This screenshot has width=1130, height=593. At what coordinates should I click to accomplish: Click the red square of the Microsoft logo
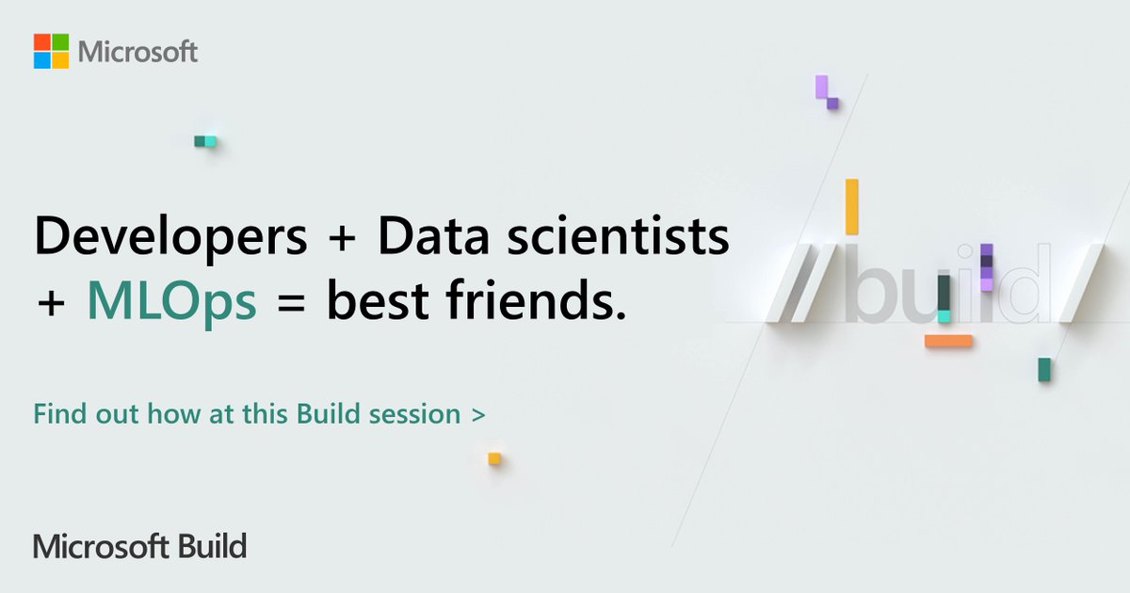point(41,41)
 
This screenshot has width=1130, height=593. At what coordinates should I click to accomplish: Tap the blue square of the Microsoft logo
point(41,59)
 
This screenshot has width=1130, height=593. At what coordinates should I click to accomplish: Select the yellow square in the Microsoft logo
point(60,59)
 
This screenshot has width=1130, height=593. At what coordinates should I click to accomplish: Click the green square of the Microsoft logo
point(60,41)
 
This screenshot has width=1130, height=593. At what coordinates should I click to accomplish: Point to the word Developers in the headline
point(170,239)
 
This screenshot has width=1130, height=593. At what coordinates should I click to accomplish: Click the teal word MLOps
point(171,302)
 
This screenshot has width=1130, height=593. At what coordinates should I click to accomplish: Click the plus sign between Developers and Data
point(342,239)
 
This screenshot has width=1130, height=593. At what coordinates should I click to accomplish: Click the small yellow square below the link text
point(494,458)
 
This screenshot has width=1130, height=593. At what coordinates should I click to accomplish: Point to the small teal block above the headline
point(205,141)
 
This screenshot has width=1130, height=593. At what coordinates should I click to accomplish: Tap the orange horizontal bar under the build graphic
point(948,341)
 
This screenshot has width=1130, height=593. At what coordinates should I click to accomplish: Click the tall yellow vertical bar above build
point(851,206)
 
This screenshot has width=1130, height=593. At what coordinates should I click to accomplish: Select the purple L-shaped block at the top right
point(826,92)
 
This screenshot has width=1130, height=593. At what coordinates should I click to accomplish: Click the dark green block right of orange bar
point(1043,369)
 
